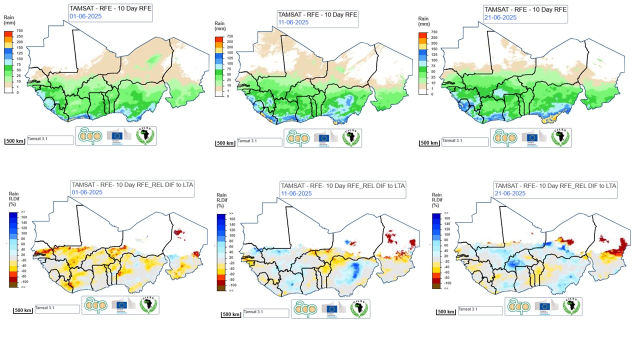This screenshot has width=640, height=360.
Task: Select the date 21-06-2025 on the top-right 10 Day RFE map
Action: coord(501,17)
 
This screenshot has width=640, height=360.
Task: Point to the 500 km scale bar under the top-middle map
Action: coord(225,143)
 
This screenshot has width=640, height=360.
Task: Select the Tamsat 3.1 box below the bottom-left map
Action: coord(56,309)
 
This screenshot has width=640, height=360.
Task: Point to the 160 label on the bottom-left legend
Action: coord(23,217)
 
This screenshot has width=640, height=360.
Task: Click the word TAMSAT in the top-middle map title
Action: coord(289,14)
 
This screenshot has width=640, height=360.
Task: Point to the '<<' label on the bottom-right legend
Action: coord(446,288)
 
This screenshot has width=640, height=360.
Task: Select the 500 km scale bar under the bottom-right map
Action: coord(446,311)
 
